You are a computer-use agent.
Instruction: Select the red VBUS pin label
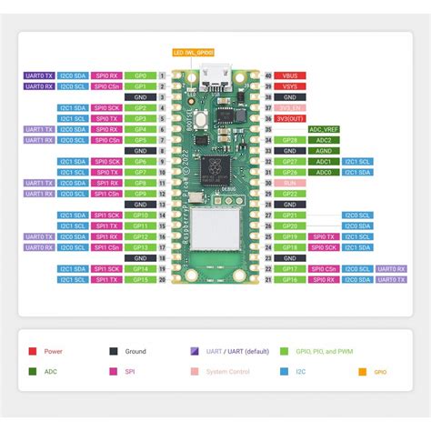tap(290, 75)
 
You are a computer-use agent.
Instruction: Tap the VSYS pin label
tap(290, 85)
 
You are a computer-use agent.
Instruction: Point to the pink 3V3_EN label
tap(290, 107)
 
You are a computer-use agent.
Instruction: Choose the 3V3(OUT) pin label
tap(290, 118)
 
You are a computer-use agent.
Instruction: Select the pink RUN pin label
tap(290, 183)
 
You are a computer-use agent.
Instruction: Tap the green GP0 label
tap(140, 75)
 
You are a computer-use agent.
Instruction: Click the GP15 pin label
tap(140, 280)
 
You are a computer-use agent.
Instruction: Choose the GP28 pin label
tap(290, 140)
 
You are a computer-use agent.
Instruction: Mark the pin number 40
tap(269, 75)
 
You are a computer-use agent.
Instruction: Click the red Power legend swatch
tap(32, 350)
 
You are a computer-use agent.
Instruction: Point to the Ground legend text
tap(135, 350)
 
